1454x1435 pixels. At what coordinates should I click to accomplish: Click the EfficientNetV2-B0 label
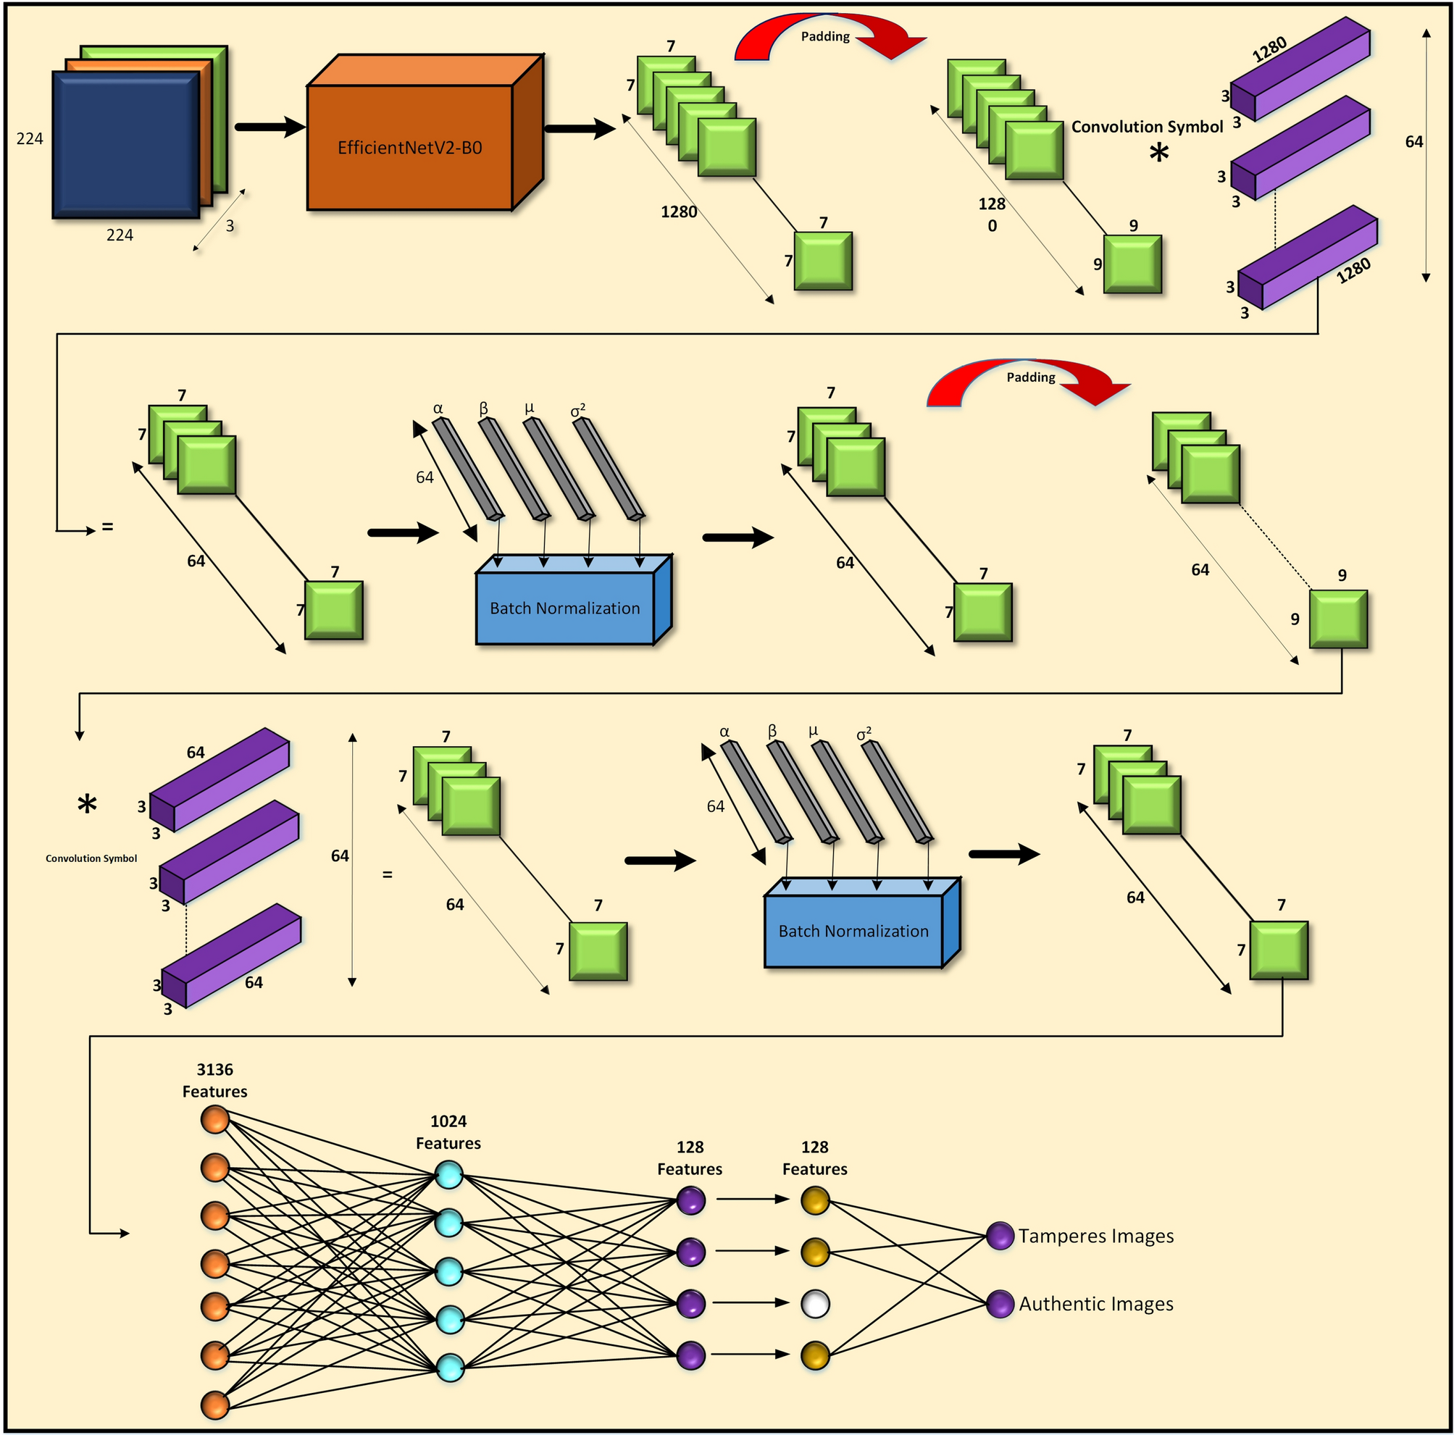[x=409, y=148]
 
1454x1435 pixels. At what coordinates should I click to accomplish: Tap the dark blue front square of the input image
[x=125, y=144]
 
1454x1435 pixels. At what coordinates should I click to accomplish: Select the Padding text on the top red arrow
[x=825, y=37]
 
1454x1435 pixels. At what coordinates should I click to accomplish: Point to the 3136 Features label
[x=214, y=1080]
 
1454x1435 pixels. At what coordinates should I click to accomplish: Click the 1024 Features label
[x=448, y=1131]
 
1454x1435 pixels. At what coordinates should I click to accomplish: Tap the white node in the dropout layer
[x=815, y=1303]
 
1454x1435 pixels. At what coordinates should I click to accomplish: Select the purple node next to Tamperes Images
[x=1000, y=1236]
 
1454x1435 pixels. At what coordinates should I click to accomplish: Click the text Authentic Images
[x=1096, y=1303]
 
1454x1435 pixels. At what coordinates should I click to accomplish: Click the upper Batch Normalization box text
[x=564, y=608]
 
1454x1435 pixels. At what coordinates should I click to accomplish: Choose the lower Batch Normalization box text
[x=853, y=931]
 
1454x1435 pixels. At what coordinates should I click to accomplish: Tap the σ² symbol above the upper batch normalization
[x=577, y=410]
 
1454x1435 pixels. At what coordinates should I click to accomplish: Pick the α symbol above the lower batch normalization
[x=724, y=732]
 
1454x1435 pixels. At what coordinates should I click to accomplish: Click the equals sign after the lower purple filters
[x=388, y=874]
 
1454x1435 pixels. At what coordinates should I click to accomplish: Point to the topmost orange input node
[x=215, y=1120]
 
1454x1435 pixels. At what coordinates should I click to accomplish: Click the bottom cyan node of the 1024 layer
[x=449, y=1368]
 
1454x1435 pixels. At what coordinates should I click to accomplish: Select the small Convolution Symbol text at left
[x=91, y=858]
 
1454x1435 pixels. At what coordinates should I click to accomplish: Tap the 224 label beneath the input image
[x=120, y=235]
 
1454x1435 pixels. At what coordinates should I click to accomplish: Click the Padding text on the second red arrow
[x=1030, y=377]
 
